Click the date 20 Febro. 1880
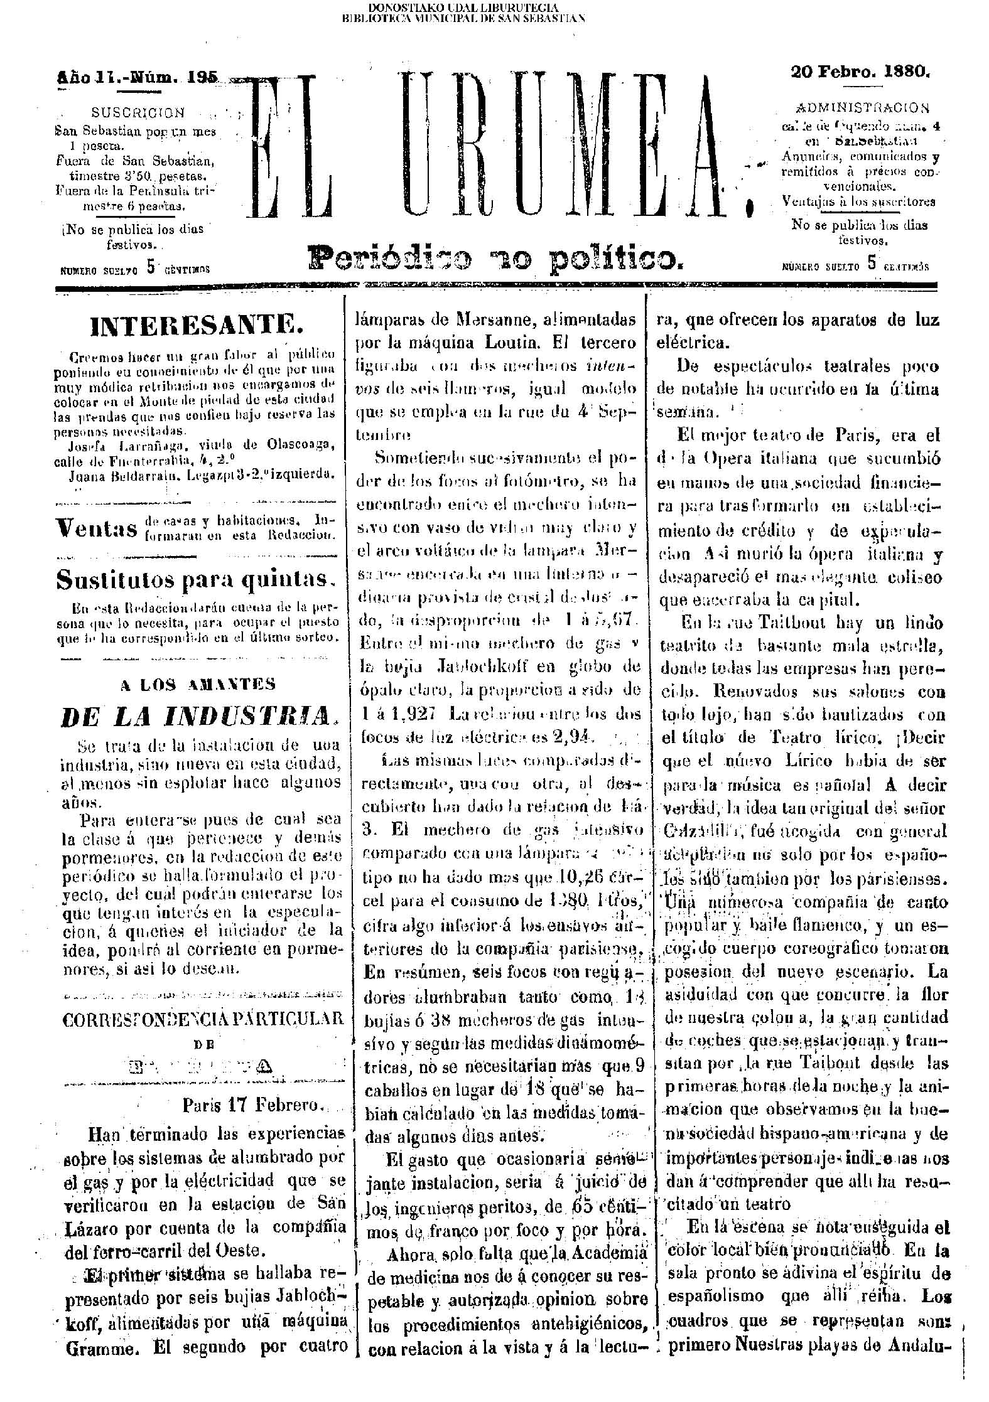point(860,72)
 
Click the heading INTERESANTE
point(197,328)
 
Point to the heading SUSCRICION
point(138,113)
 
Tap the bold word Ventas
point(96,528)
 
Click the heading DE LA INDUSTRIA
point(195,716)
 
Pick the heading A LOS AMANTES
point(198,685)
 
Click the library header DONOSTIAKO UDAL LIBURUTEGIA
point(463,8)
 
